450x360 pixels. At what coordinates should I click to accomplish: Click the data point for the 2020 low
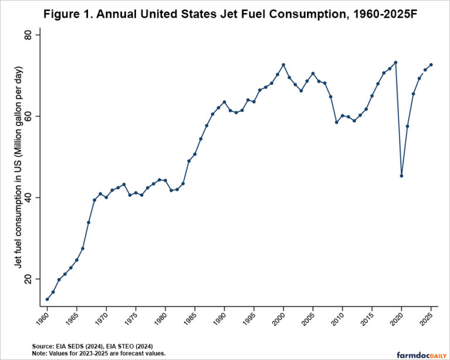(401, 176)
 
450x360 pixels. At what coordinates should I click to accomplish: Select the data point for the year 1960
(47, 299)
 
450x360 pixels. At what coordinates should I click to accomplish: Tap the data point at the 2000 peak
(283, 64)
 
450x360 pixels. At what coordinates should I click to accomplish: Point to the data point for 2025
(431, 64)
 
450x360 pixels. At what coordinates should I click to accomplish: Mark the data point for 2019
(396, 62)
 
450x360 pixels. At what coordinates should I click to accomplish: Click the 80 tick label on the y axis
(34, 35)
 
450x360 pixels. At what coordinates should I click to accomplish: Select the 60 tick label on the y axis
(34, 116)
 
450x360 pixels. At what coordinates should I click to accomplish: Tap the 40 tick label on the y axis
(34, 198)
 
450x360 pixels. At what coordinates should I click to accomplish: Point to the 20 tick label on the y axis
(34, 279)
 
